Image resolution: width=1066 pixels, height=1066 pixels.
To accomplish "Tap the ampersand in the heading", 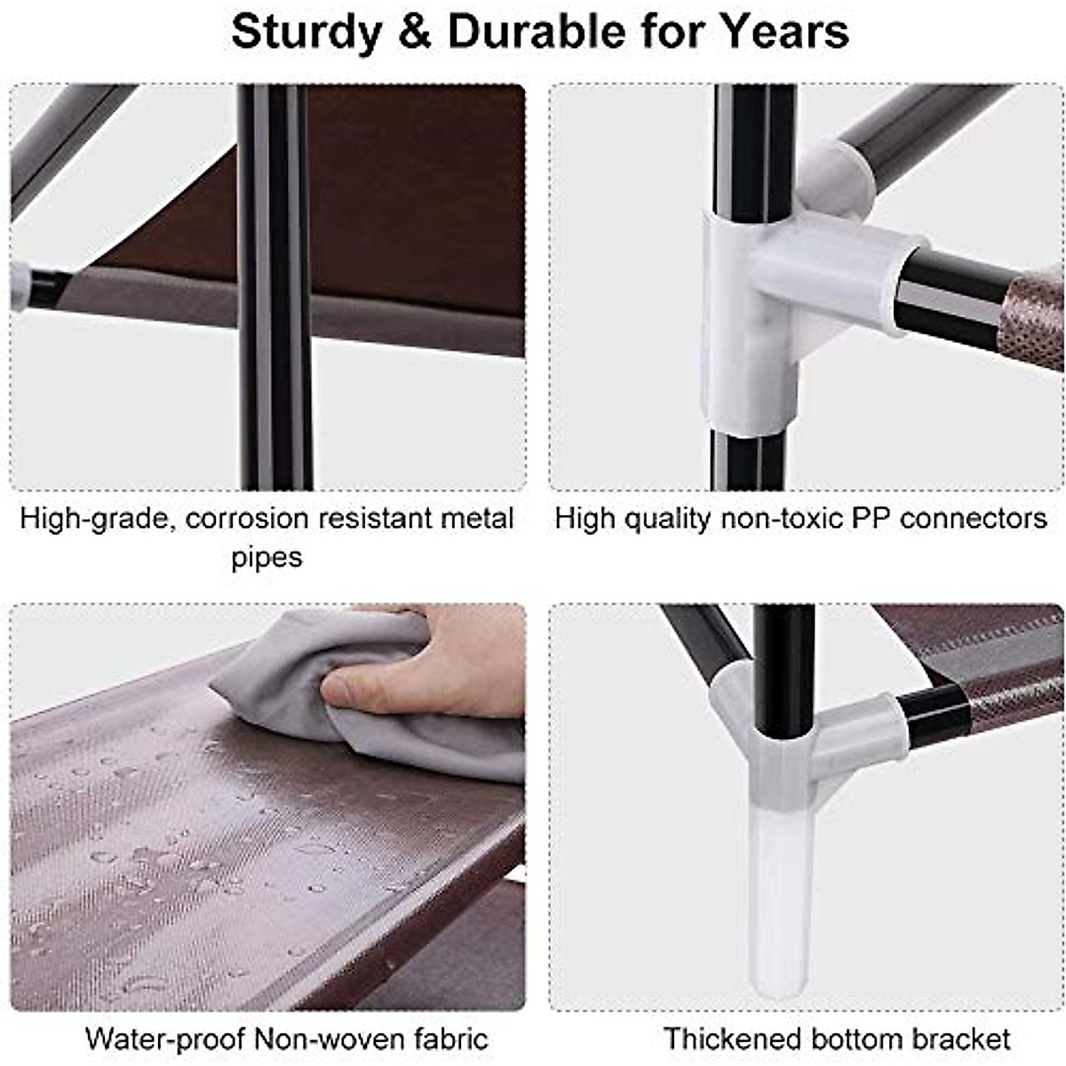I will (x=415, y=32).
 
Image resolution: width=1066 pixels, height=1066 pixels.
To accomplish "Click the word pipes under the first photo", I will (x=266, y=558).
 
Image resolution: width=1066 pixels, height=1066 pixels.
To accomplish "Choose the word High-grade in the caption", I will (x=96, y=518).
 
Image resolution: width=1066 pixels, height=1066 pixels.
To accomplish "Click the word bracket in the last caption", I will (x=963, y=1038).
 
